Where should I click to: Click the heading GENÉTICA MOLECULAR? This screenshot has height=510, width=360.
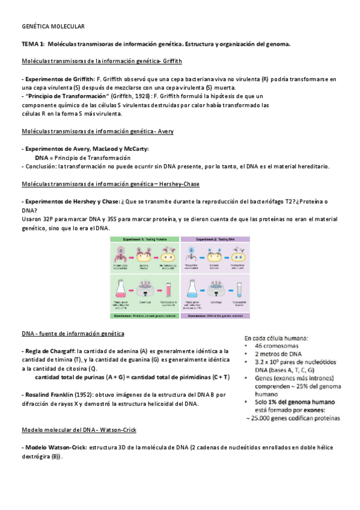tap(53, 27)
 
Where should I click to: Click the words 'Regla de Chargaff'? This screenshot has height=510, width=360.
tap(41, 351)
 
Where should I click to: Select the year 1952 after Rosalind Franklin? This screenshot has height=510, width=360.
tap(83, 395)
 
